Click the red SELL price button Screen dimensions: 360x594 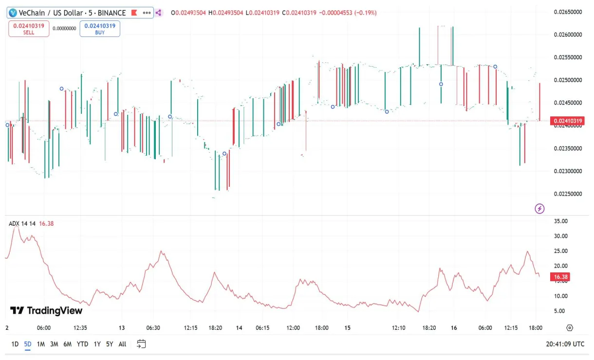pos(29,29)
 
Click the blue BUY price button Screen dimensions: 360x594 pos(100,29)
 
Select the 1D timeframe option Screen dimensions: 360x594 pos(15,344)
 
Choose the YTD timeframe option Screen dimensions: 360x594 pos(82,344)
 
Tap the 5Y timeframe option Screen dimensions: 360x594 pos(110,344)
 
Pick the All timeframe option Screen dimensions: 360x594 pos(122,344)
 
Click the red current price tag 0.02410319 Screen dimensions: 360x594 pos(567,121)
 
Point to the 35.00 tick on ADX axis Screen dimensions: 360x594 pos(561,221)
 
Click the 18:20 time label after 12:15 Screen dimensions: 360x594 pos(215,328)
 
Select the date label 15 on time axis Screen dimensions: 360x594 pos(347,328)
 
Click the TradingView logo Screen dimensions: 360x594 pos(46,310)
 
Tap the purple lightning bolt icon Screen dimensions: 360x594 pos(539,209)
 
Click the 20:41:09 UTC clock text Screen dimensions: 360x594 pos(565,344)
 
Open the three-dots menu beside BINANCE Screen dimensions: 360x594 pos(146,13)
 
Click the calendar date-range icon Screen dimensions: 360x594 pos(141,344)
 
